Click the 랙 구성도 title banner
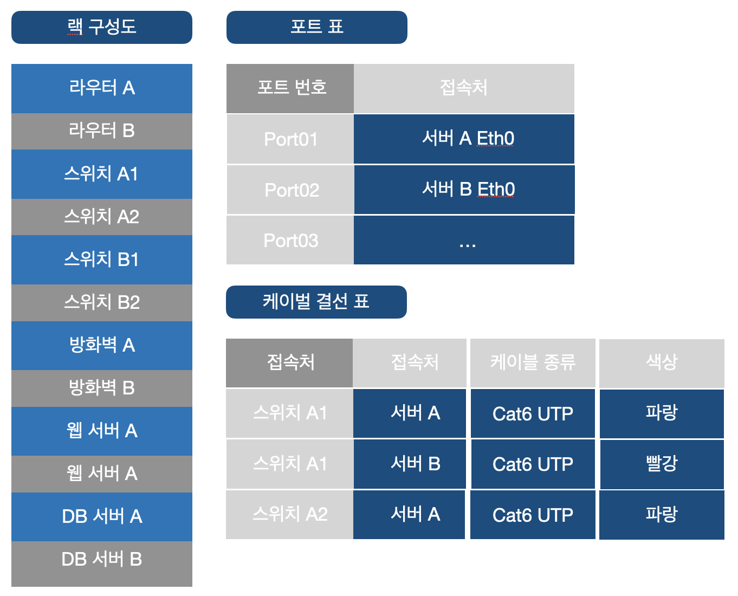point(102,27)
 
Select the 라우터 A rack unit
point(102,88)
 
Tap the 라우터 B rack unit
point(102,131)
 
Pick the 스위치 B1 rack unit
point(102,260)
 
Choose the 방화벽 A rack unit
point(102,345)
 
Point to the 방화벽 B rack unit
point(102,388)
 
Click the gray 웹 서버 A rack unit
point(102,474)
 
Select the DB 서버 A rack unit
point(102,516)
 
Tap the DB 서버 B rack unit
point(102,560)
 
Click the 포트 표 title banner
point(316,27)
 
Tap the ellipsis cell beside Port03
point(464,241)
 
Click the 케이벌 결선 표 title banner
point(316,302)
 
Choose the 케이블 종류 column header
point(533,362)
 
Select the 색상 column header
point(662,362)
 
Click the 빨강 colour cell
point(662,464)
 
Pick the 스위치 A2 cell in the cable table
point(289,514)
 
